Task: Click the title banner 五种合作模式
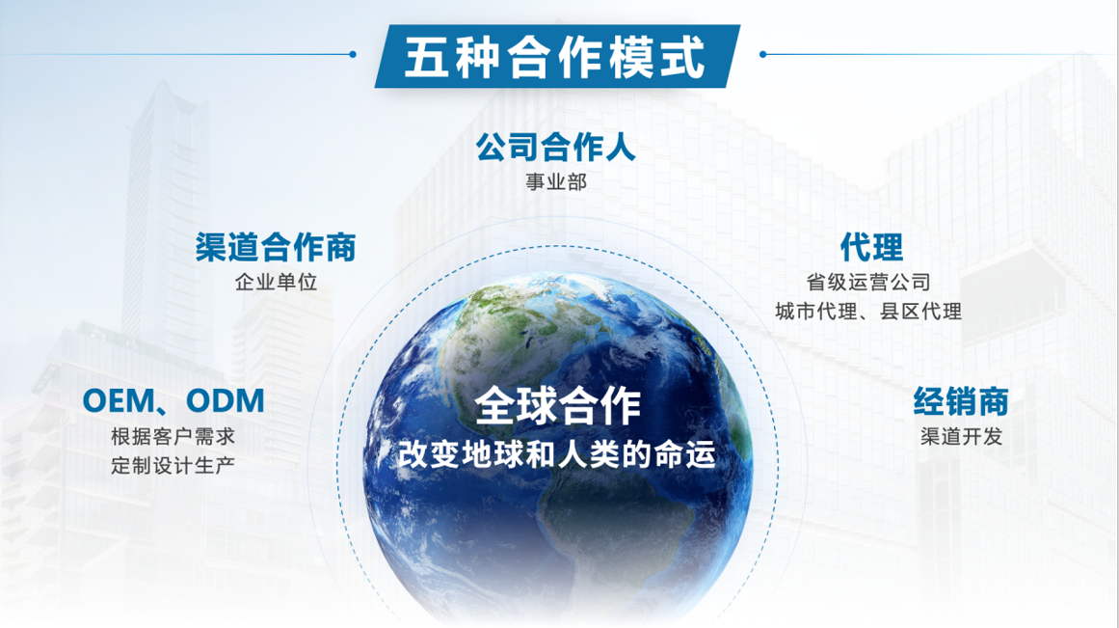(557, 57)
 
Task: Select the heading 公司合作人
(556, 148)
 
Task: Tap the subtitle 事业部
(556, 182)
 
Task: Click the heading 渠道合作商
(276, 247)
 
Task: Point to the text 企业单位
(276, 283)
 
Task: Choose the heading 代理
(871, 247)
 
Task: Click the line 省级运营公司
(868, 283)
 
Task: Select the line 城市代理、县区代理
(868, 312)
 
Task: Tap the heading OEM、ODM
(173, 400)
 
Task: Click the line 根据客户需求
(173, 436)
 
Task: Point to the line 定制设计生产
(173, 466)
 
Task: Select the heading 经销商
(961, 400)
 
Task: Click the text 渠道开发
(961, 436)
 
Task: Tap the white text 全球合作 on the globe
(557, 405)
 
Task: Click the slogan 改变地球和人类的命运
(556, 454)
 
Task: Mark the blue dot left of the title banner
(353, 54)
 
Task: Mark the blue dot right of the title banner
(763, 54)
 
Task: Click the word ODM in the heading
(225, 400)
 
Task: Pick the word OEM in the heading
(118, 400)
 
